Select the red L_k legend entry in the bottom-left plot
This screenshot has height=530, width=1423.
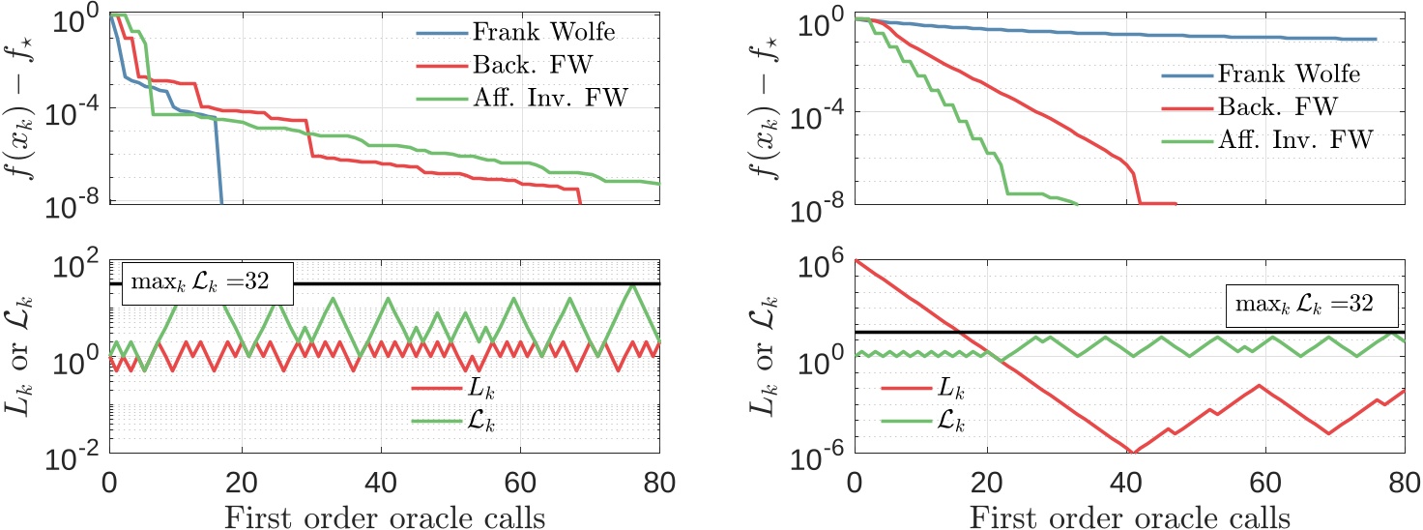click(454, 390)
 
